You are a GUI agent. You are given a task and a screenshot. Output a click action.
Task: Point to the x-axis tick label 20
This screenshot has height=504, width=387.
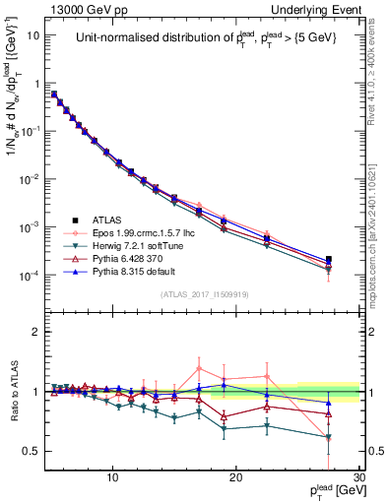236,477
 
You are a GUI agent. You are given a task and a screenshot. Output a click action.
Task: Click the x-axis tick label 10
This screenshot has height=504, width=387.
113,477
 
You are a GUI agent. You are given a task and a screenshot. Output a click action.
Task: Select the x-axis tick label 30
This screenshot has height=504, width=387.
358,477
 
